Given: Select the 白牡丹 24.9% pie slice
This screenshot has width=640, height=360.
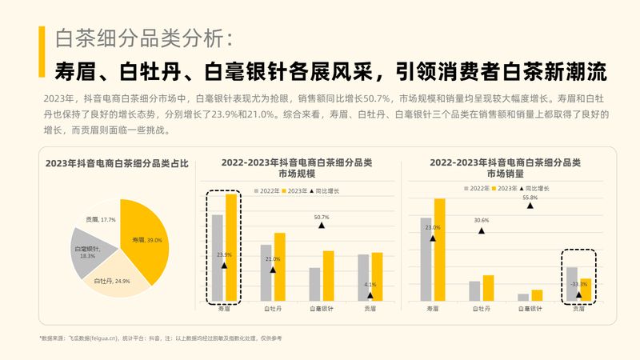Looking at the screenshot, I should coord(111,275).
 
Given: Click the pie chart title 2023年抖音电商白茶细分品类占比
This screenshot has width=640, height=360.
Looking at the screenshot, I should coord(116,164).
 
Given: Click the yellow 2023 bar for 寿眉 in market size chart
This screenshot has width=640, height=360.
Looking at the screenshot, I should coord(231,248).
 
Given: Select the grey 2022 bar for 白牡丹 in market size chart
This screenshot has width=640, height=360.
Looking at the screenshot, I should coord(266,272).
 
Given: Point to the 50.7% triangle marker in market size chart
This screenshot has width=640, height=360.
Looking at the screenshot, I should coord(322,226).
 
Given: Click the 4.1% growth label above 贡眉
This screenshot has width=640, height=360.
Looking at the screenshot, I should coord(370,285).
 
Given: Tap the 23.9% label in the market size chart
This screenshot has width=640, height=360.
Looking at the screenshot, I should coord(224,255).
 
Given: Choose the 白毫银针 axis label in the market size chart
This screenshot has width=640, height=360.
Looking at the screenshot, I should coord(322,308).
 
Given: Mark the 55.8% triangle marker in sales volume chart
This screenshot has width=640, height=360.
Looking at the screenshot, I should coord(530,206).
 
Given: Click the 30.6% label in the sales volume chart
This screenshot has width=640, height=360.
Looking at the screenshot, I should coord(481,220).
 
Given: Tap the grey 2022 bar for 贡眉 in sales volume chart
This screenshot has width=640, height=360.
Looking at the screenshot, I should coord(571,285).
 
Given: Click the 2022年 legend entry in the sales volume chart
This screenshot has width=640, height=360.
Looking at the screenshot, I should coord(476,188).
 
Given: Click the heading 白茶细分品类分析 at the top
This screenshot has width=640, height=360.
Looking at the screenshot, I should coord(144,38).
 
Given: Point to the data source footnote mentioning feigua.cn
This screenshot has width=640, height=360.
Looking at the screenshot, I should coord(160,339).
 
